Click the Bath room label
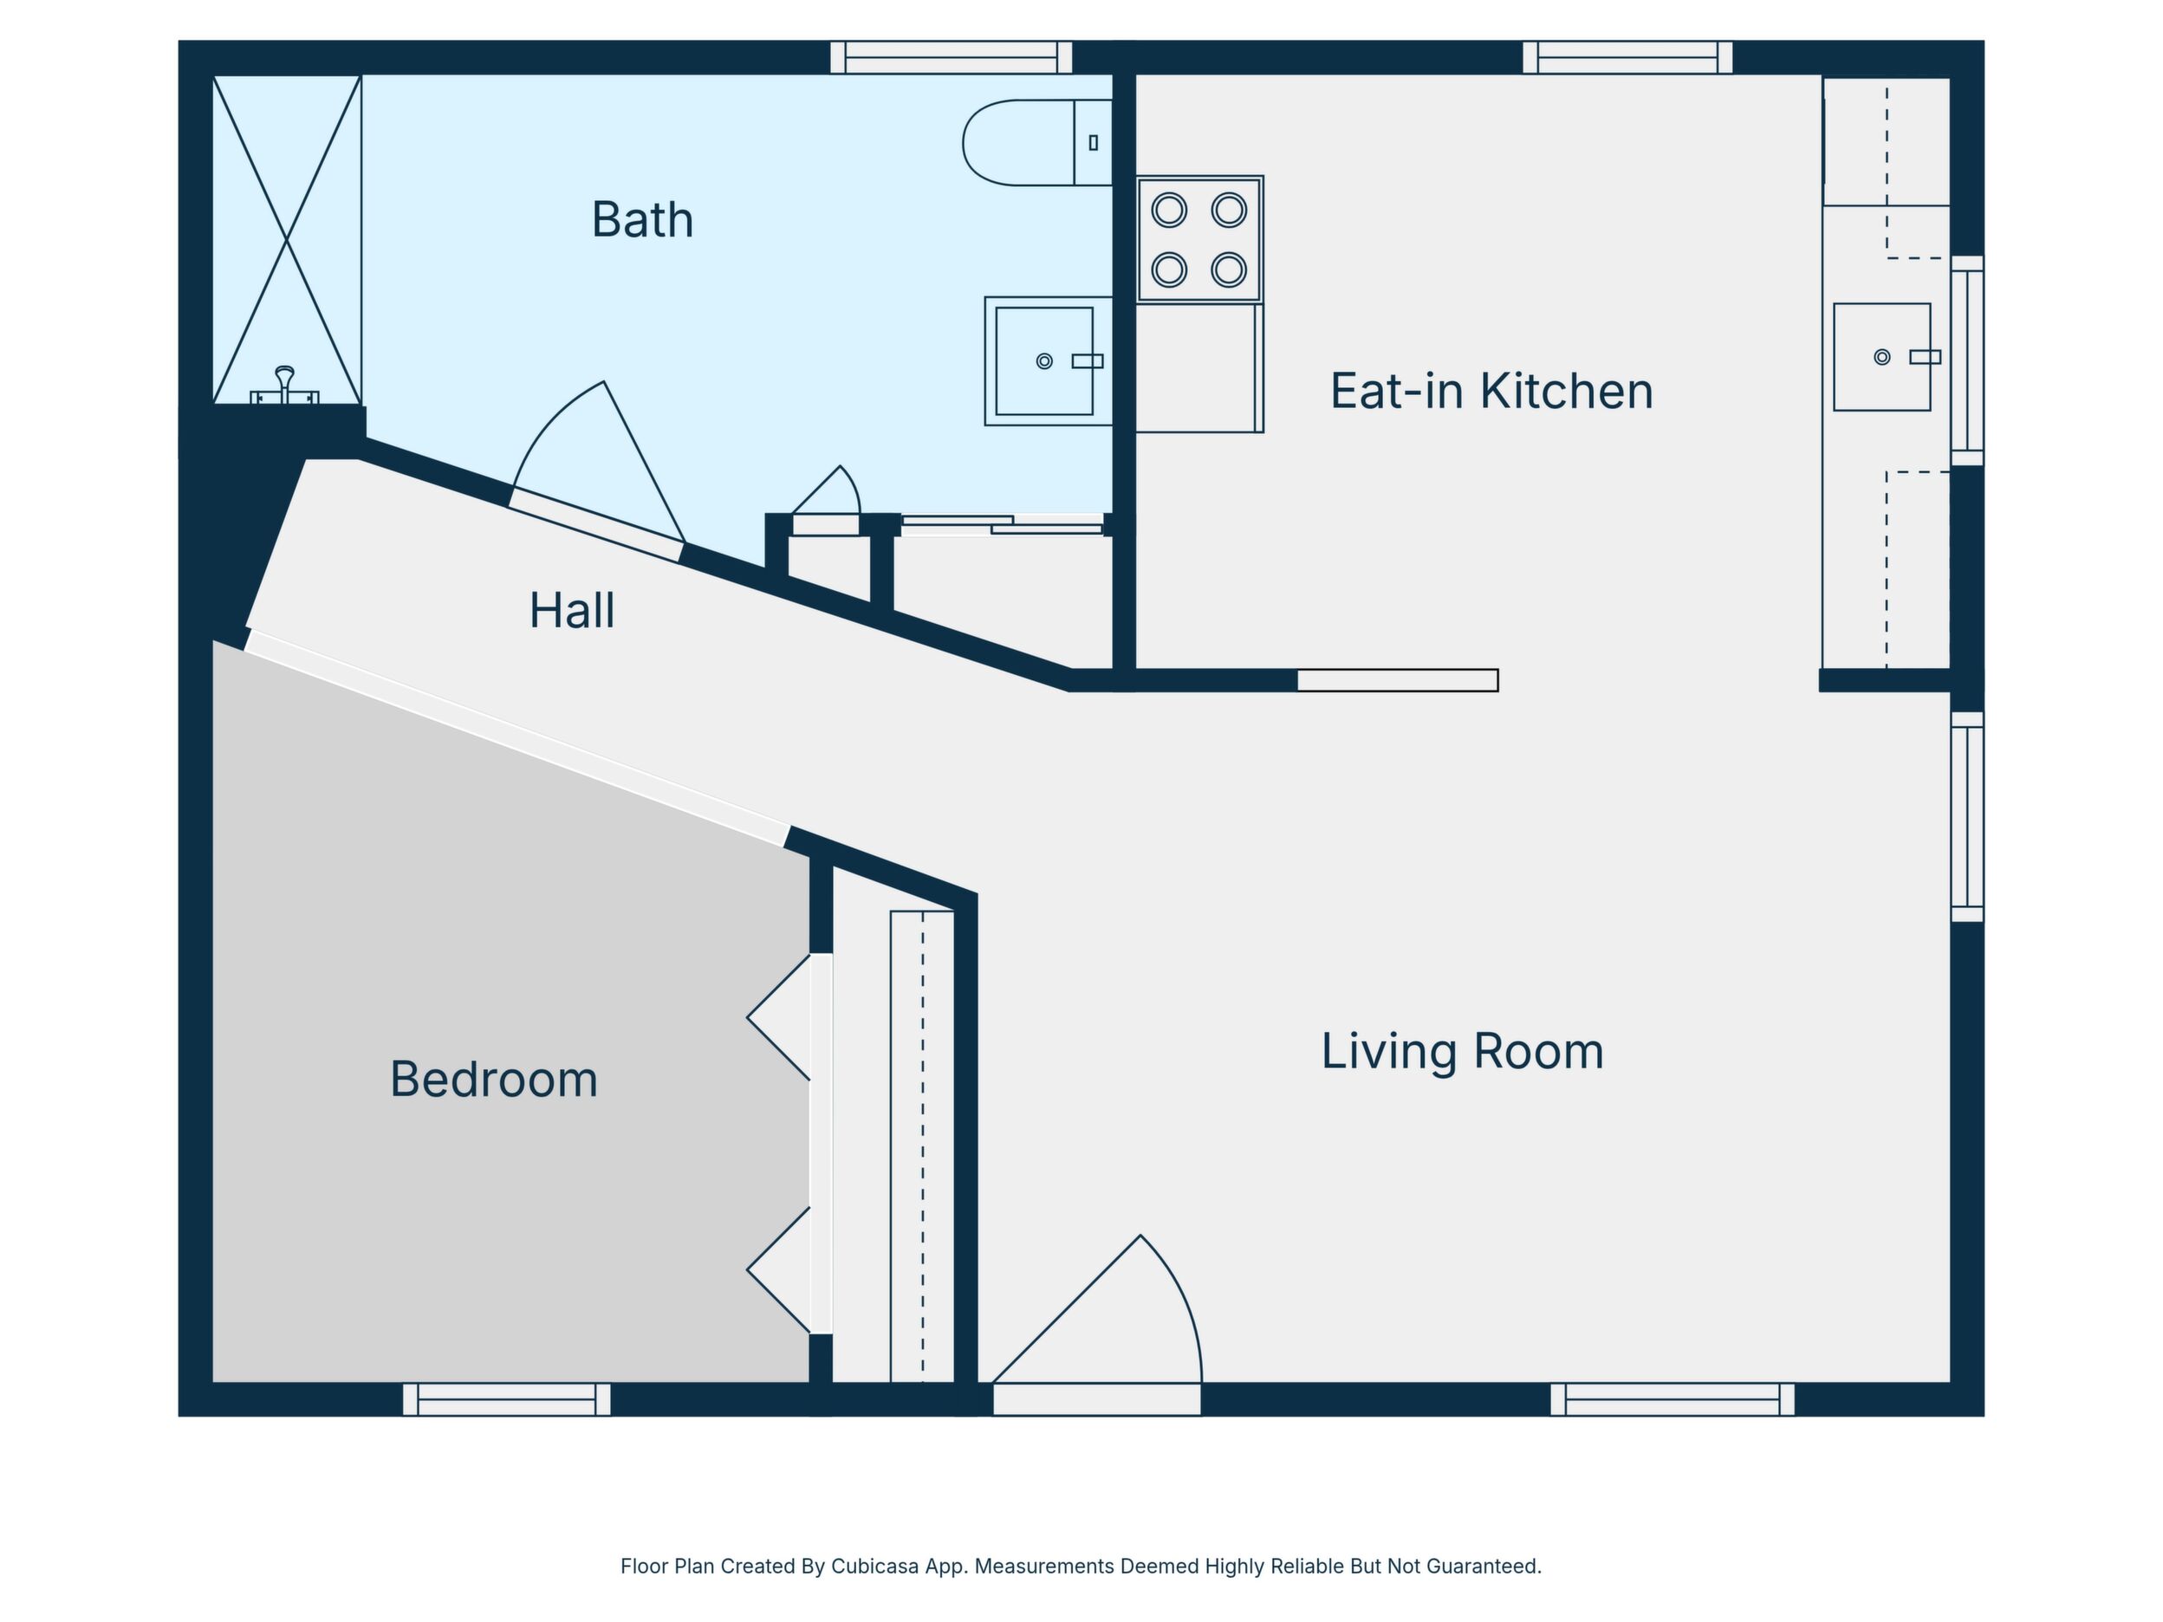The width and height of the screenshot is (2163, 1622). [642, 220]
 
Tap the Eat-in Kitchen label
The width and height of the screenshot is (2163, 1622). [1491, 391]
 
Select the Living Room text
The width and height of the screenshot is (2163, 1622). [1462, 1052]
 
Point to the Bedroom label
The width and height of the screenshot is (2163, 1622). [494, 1080]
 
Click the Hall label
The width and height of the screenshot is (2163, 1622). [572, 611]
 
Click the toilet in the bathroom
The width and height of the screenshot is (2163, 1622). [1037, 143]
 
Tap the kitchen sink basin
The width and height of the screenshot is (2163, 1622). [1882, 357]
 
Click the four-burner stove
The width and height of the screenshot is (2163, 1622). [1200, 239]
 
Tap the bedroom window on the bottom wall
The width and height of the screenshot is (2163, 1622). [507, 1399]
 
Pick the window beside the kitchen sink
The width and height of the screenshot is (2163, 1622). [1967, 360]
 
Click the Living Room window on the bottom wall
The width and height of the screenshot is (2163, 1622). [1673, 1399]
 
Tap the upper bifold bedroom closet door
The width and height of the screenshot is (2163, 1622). [779, 1017]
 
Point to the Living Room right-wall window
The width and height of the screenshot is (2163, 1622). [1967, 816]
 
